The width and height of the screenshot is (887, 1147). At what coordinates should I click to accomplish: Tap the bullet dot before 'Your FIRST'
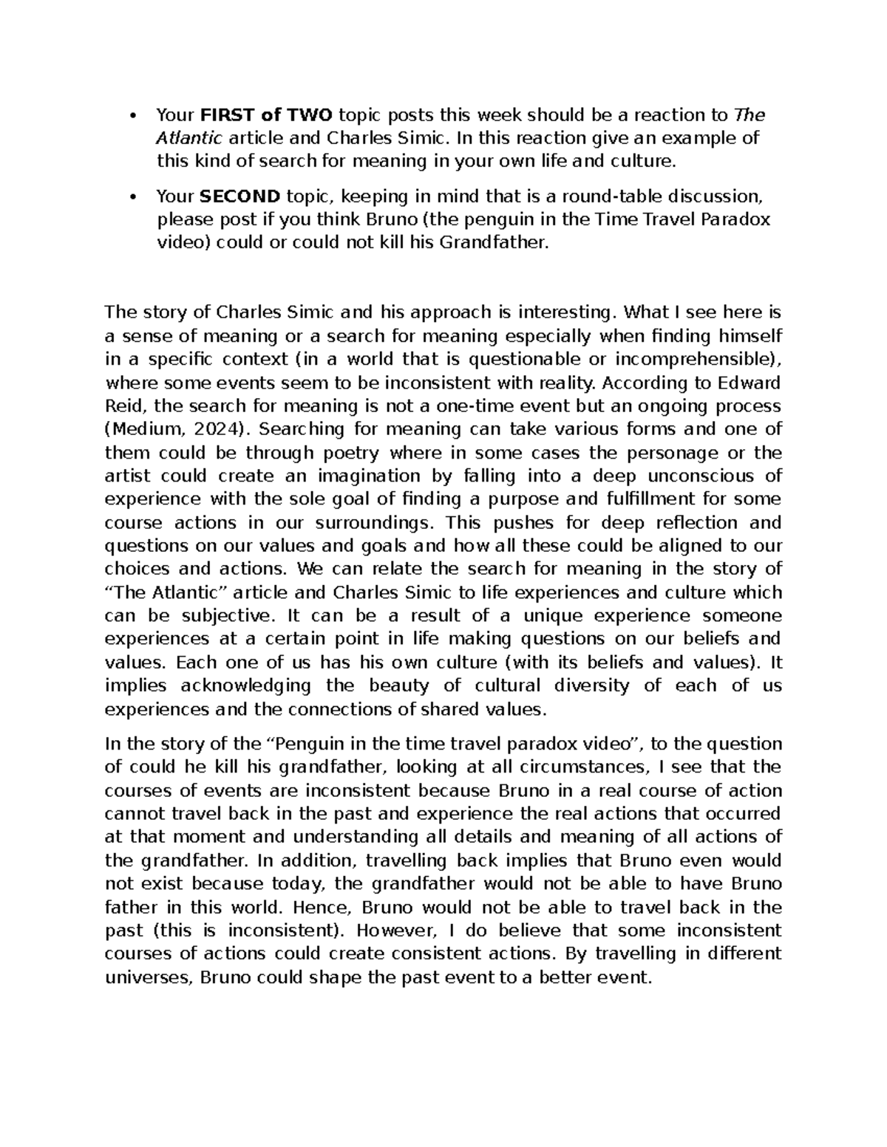132,115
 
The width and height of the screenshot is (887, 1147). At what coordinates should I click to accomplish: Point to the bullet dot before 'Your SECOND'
132,196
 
